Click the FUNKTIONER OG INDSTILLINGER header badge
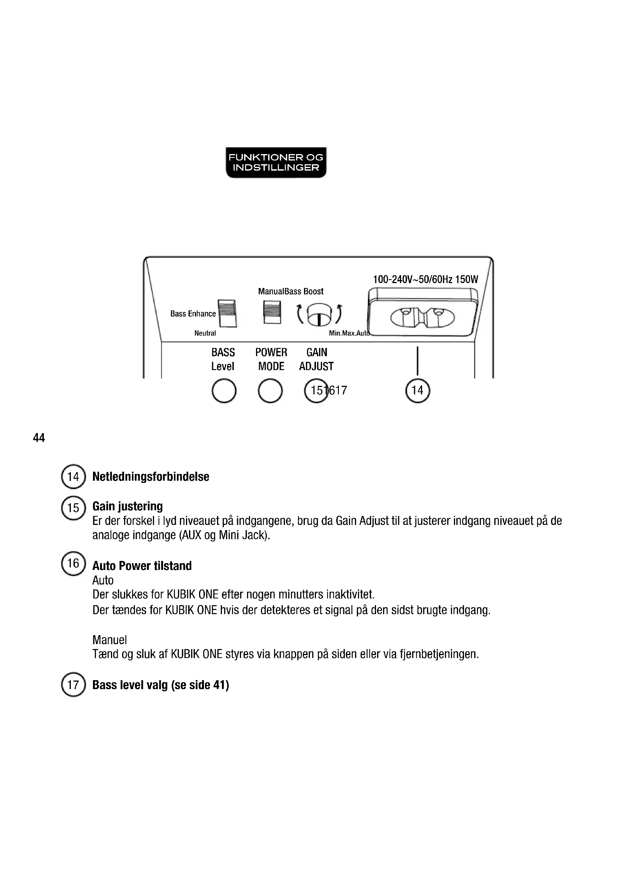point(276,162)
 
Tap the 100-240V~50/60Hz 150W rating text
point(425,279)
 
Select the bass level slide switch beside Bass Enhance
point(227,313)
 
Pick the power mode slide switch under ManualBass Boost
point(272,312)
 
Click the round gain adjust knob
point(319,314)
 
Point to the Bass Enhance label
point(193,313)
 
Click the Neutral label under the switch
point(205,333)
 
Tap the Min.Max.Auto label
point(349,333)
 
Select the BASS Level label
point(223,359)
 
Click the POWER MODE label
point(271,359)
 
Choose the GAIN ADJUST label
point(316,359)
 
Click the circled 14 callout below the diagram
point(417,390)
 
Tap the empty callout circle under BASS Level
point(224,390)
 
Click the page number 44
point(39,438)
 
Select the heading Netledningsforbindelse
point(151,477)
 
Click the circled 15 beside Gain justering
point(73,508)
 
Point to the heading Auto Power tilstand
point(142,566)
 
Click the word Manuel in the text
point(109,640)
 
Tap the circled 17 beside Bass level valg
point(73,685)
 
